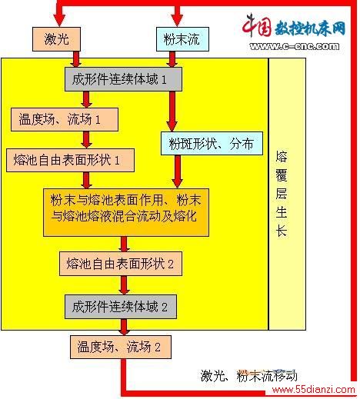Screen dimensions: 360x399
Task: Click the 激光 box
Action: coord(56,39)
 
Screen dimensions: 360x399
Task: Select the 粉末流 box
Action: coord(182,39)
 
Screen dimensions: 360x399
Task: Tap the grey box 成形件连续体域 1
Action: coord(123,79)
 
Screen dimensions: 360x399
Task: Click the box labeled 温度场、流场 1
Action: coord(65,119)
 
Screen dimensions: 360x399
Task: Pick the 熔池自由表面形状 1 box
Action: coord(70,160)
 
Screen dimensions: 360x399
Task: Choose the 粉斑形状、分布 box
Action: coord(212,144)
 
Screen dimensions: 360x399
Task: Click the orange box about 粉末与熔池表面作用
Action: coord(126,212)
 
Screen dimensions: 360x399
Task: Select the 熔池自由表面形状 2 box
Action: coord(121,264)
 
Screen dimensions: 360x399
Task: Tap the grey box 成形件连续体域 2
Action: coord(121,307)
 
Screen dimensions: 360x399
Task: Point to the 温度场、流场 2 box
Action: coord(121,347)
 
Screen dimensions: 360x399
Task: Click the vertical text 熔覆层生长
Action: coord(282,194)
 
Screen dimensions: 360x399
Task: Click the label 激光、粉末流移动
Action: coord(248,376)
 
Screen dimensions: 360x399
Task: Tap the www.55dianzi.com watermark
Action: coord(313,390)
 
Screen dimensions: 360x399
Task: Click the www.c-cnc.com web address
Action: coord(295,46)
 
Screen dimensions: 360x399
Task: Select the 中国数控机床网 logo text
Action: coord(294,26)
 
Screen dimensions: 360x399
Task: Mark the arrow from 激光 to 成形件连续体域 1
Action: coord(76,59)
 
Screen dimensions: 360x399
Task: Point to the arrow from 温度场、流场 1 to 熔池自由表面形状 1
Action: coord(86,140)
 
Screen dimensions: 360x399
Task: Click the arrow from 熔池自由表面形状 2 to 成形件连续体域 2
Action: coord(124,285)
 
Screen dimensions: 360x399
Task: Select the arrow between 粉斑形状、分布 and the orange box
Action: coord(177,171)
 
